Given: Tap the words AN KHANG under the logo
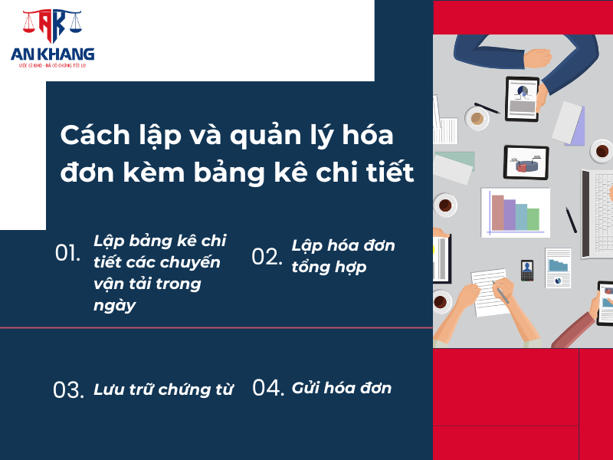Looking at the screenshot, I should pos(52,54).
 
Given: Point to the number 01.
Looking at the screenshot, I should pos(67,253).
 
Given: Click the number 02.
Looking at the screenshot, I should pos(267,257).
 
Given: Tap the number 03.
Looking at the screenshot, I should pos(68,389).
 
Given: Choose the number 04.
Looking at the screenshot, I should pos(268,388).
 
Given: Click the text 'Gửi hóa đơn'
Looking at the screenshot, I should pos(342,388).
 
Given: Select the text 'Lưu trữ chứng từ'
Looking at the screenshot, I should pos(163,389).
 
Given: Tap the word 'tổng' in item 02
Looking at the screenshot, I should pos(313,267).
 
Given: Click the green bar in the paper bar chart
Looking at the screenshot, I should pos(533,219).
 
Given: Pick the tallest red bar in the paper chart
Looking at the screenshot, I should pos(498,212).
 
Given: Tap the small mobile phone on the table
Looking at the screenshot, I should pos(527,270).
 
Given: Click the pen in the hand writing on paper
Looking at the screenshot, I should pos(502,292).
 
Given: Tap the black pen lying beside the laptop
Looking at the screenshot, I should pos(571,219).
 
